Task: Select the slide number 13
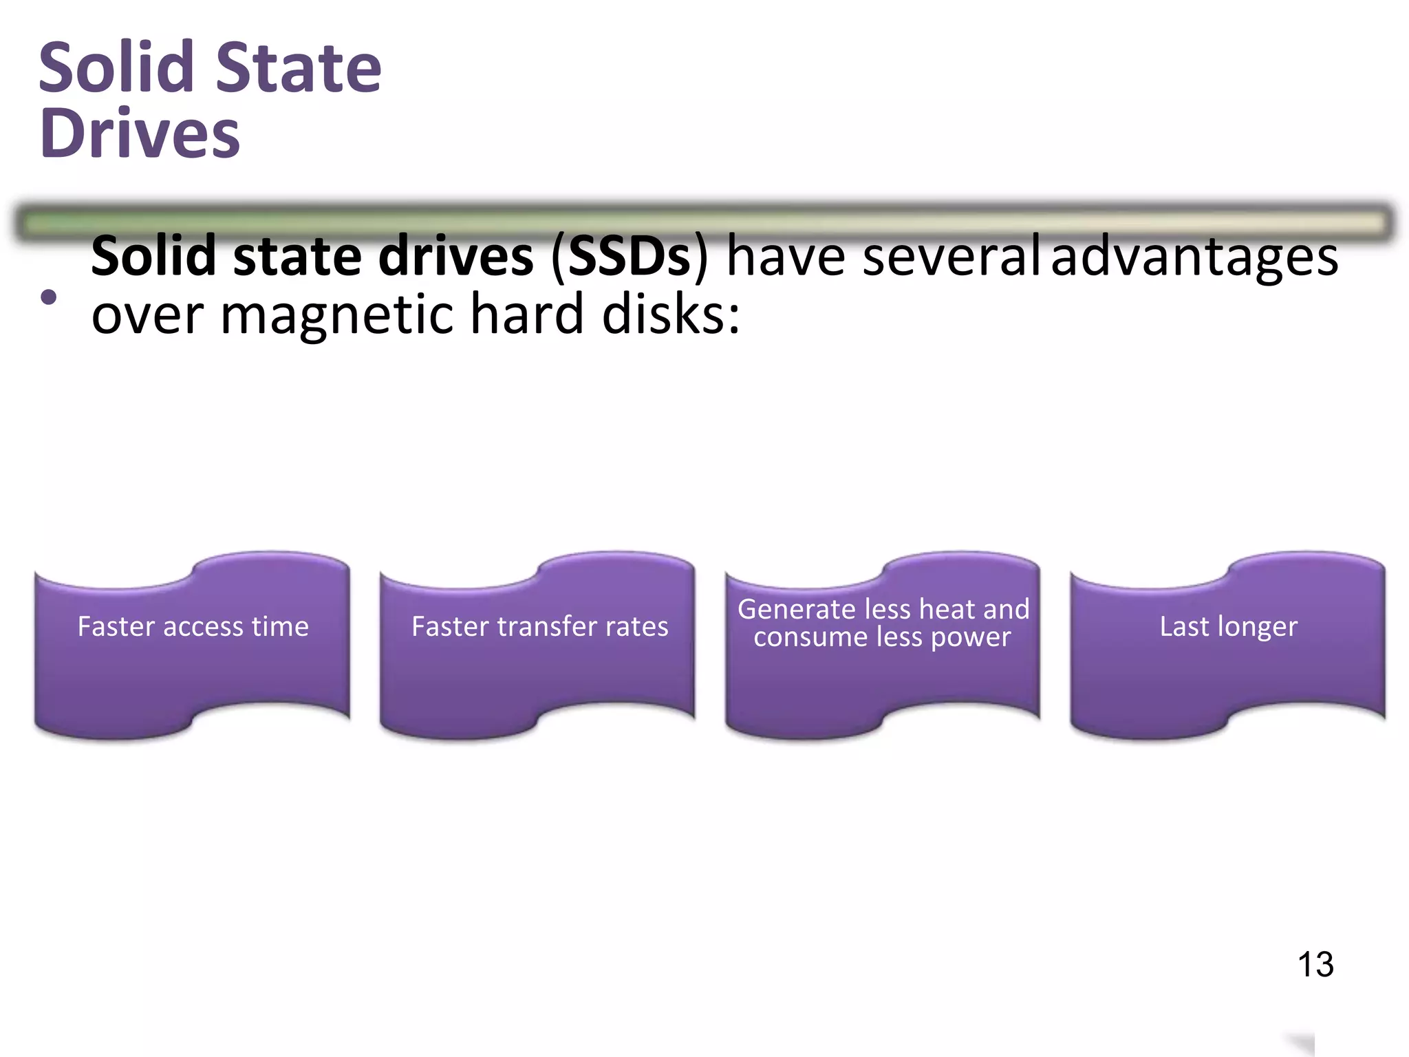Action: (x=1315, y=964)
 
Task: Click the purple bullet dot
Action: (x=49, y=297)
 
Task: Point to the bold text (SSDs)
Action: (x=629, y=256)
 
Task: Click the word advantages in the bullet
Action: (x=1194, y=256)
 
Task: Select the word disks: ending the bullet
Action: (x=671, y=314)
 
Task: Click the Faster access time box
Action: (x=193, y=647)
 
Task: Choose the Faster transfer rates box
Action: (x=539, y=647)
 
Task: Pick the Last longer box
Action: (x=1228, y=647)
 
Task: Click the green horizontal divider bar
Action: (x=704, y=222)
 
